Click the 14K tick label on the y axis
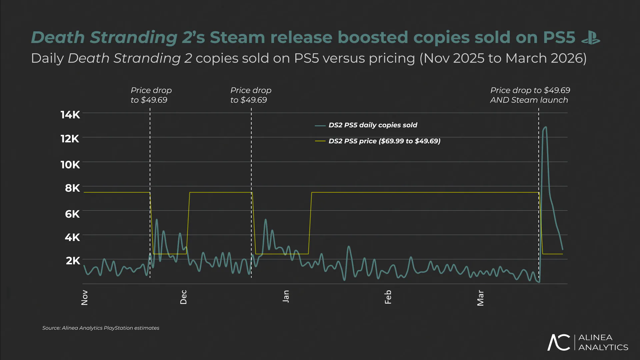(x=70, y=115)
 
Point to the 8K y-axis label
(x=72, y=188)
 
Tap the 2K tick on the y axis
(x=73, y=261)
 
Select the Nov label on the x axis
(x=85, y=297)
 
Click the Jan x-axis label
(x=286, y=296)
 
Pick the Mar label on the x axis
(x=480, y=298)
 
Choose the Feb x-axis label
(x=388, y=297)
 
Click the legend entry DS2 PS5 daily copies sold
(x=372, y=125)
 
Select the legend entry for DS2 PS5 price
(x=384, y=141)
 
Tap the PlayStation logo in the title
(x=591, y=38)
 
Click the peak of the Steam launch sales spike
(x=545, y=127)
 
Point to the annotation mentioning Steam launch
(x=530, y=95)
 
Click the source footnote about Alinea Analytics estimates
(x=101, y=328)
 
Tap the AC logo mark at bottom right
(x=559, y=342)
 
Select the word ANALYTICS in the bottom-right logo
(x=603, y=347)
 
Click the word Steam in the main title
(x=237, y=37)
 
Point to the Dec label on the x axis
(x=184, y=297)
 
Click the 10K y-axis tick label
(x=70, y=165)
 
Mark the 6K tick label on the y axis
(x=72, y=214)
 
